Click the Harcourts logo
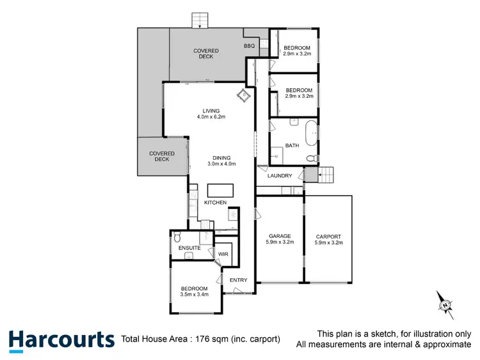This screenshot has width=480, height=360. click(61, 339)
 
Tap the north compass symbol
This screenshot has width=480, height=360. click(444, 305)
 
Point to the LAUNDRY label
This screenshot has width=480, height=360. click(280, 176)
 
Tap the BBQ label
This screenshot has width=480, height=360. click(249, 46)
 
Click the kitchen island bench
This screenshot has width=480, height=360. click(220, 191)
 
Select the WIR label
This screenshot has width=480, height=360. click(223, 254)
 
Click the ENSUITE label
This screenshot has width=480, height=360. click(190, 247)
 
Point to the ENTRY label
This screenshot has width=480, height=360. click(238, 280)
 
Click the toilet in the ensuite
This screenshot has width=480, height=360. click(178, 237)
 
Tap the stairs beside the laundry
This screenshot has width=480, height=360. click(326, 174)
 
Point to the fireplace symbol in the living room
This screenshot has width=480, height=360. click(244, 97)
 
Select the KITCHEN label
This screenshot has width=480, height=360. click(216, 203)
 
